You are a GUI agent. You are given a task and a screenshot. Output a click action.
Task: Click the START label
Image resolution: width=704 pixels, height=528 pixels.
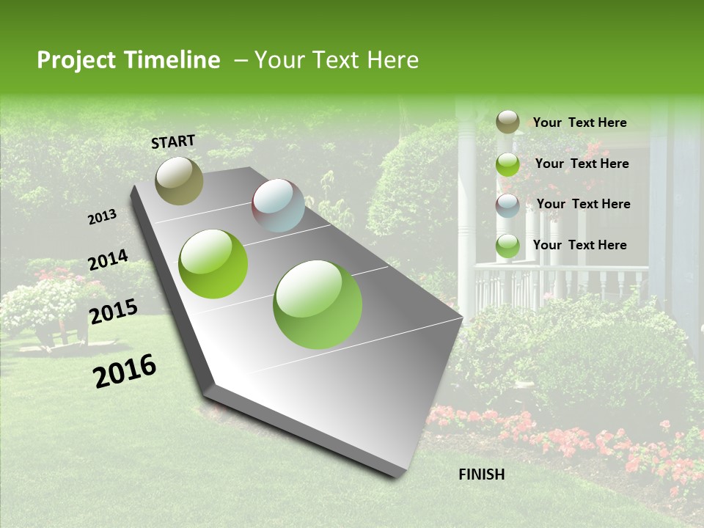[x=173, y=141]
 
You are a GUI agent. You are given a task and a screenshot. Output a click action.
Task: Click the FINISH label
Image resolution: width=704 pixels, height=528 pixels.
[x=482, y=474]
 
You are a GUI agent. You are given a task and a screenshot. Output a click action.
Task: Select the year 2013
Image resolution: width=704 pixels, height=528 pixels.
[x=102, y=216]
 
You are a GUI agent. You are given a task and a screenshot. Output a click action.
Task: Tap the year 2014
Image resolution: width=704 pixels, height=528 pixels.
[x=108, y=260]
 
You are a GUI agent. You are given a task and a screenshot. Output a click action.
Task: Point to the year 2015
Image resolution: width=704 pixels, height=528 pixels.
[x=113, y=312]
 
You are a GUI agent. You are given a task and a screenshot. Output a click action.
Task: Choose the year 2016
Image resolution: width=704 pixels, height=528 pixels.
[x=125, y=371]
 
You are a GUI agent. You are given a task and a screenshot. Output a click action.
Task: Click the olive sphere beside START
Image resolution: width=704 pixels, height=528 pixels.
[x=179, y=180]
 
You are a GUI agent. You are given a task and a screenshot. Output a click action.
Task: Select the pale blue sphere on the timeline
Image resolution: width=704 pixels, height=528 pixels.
[x=278, y=205]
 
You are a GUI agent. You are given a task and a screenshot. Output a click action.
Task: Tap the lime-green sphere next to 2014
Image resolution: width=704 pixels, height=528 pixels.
[x=213, y=264]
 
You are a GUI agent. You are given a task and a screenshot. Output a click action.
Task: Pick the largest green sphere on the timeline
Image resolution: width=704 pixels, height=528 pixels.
[x=318, y=304]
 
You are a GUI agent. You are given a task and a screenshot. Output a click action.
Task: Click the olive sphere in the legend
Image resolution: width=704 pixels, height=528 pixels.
[x=507, y=122]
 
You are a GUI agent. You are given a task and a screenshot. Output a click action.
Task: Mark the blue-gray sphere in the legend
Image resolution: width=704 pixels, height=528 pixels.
[x=507, y=205]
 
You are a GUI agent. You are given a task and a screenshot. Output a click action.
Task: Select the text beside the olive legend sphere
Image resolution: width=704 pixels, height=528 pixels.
[x=579, y=122]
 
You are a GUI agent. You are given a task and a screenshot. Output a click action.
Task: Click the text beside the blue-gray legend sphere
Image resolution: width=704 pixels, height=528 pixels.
[x=583, y=204]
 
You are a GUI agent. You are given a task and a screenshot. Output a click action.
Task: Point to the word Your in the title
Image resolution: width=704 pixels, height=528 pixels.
[x=278, y=60]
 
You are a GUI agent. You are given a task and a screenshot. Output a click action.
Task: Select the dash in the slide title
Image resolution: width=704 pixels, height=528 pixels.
[x=241, y=60]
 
